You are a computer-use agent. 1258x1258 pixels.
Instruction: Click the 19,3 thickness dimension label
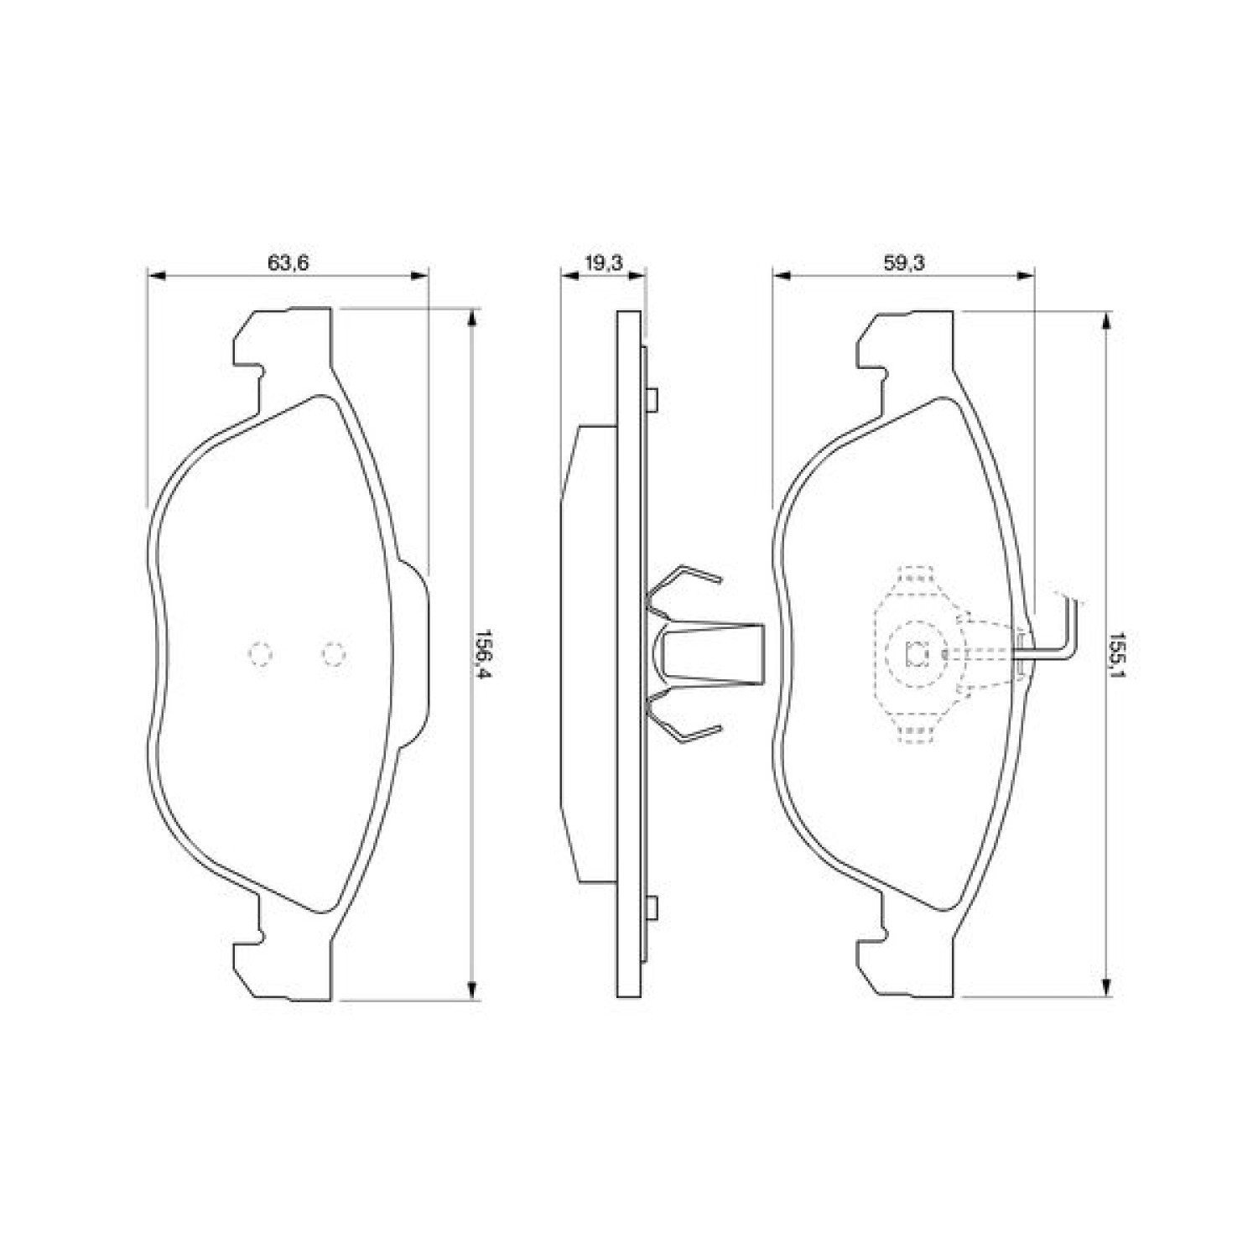click(x=603, y=263)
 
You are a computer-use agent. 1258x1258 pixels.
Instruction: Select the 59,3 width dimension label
click(x=903, y=263)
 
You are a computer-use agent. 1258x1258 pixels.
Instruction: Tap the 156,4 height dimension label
click(x=484, y=655)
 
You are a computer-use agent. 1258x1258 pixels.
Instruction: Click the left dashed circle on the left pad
click(x=261, y=652)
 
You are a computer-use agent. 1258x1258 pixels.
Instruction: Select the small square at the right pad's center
click(x=917, y=652)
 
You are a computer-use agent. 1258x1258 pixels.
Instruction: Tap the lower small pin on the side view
click(x=653, y=907)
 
